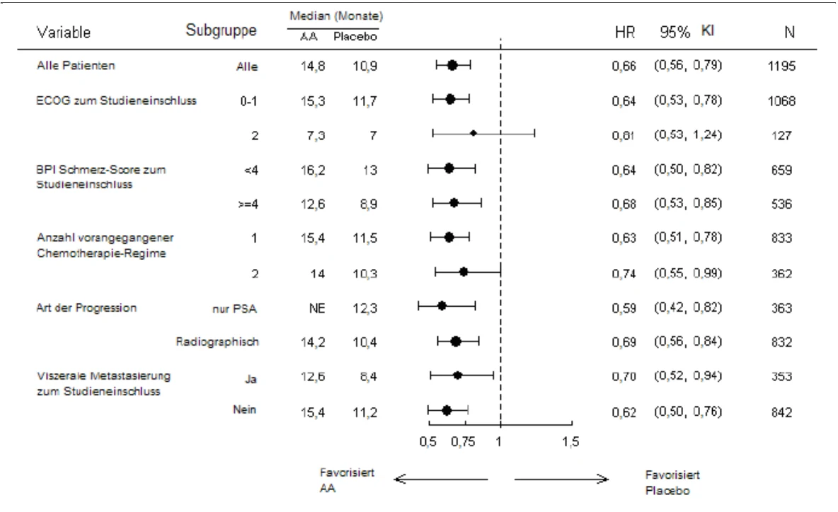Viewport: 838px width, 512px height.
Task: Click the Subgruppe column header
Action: (221, 30)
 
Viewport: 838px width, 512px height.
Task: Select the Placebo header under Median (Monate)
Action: (355, 36)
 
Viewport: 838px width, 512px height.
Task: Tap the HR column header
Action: (625, 32)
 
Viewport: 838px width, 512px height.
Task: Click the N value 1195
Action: (781, 66)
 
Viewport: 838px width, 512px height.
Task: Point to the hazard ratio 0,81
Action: (624, 135)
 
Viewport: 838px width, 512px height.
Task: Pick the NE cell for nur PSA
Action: (317, 308)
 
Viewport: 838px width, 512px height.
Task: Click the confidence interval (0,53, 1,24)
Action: (688, 135)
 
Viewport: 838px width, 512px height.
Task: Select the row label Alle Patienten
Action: (76, 65)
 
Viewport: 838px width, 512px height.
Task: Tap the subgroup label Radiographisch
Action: (217, 341)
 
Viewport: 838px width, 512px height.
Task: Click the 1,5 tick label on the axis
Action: (570, 441)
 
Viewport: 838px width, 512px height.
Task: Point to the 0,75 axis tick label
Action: (462, 441)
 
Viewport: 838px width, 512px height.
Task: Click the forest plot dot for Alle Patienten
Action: (452, 65)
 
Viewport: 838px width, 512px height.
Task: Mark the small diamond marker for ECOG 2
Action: (473, 132)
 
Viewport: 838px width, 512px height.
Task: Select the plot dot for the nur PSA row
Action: (442, 306)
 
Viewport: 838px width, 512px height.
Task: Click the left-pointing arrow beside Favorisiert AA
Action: (441, 479)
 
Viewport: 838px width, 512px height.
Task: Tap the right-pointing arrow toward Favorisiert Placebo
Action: (561, 479)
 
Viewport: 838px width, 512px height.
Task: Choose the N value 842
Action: (781, 412)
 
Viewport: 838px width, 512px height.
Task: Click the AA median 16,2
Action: (313, 170)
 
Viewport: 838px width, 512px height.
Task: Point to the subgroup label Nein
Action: (244, 409)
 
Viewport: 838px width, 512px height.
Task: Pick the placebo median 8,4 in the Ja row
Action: (368, 377)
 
